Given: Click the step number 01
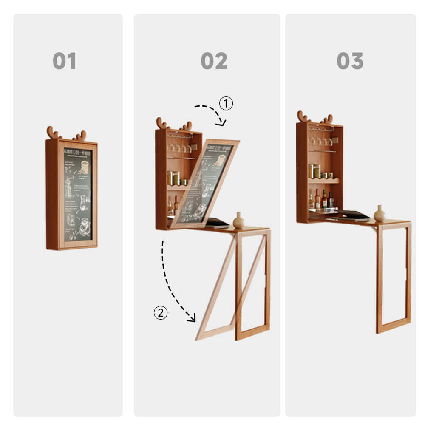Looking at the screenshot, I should pos(65,61).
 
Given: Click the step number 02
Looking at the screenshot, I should pos(214,61).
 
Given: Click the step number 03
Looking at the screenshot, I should pos(350,61).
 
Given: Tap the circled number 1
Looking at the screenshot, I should pos(226,103).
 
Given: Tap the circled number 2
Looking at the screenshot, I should pos(160,313).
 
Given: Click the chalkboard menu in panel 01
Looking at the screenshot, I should pos(77,194).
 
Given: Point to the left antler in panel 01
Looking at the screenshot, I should pos(53,133).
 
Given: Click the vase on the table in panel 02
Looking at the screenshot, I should pos(238,221).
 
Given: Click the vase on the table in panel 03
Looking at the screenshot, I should pos(380,214).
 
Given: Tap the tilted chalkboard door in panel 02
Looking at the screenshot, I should pos(205,183).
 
